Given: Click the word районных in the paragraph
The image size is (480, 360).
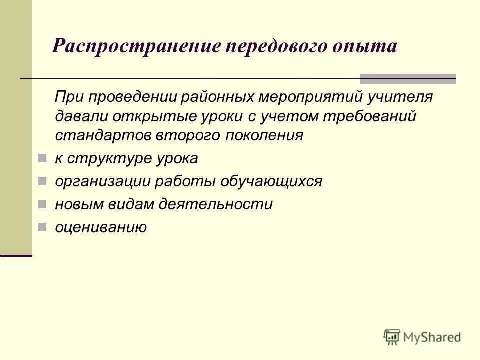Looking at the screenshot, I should click(233, 96).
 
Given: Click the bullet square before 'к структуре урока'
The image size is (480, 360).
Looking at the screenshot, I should click(42, 159).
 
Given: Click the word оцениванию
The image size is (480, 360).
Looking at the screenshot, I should click(101, 228).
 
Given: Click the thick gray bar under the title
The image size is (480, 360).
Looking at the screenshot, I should click(408, 78).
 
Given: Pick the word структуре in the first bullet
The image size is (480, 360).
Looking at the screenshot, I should click(106, 159).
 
